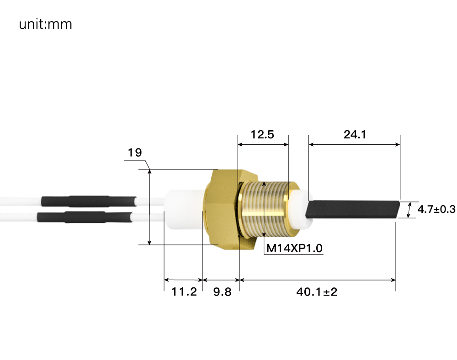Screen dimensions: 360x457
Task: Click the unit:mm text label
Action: coord(45,24)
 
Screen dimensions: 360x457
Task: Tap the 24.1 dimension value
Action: coord(355,135)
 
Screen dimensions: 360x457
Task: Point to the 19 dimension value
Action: coord(135,153)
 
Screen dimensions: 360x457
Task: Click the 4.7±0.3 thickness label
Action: coord(436,209)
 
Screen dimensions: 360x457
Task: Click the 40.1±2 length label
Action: coord(317,291)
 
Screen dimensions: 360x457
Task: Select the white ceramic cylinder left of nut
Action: coord(183,209)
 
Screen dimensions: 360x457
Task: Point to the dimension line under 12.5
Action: coord(263,144)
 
